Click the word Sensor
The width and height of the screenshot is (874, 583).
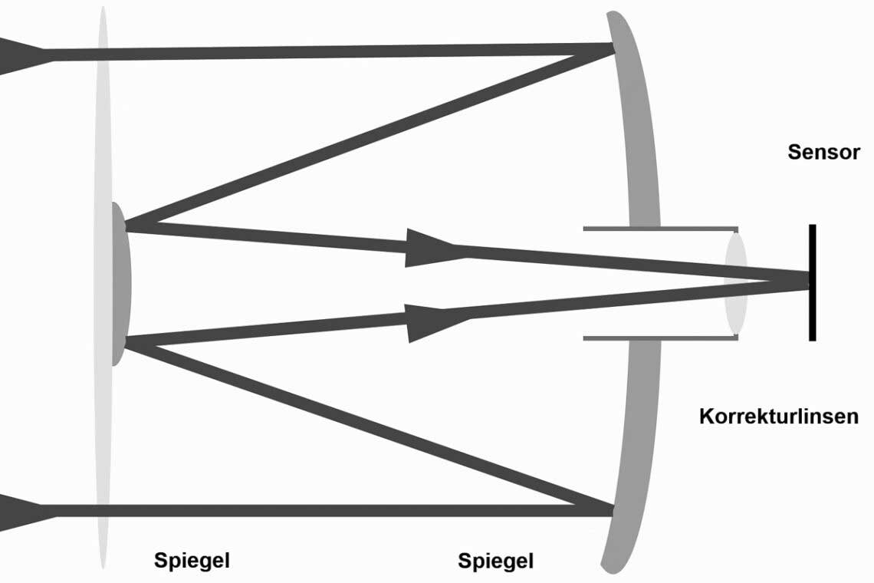pos(823,152)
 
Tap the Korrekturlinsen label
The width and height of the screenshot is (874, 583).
pos(778,417)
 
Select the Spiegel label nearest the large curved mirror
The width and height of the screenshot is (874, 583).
pos(495,561)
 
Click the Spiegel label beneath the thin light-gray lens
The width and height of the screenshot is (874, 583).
pos(192,560)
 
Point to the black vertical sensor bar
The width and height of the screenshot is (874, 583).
pos(812,282)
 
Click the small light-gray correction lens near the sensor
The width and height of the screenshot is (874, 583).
pos(736,283)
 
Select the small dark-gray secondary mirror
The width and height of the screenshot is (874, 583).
pos(120,284)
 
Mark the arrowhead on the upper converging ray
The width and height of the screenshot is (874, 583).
pos(429,247)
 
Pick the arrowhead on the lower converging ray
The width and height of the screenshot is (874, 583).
pos(429,322)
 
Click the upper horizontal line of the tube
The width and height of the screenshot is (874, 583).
pos(659,229)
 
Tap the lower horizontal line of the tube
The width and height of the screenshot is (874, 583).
pos(659,338)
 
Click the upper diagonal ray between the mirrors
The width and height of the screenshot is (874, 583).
pos(368,138)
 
